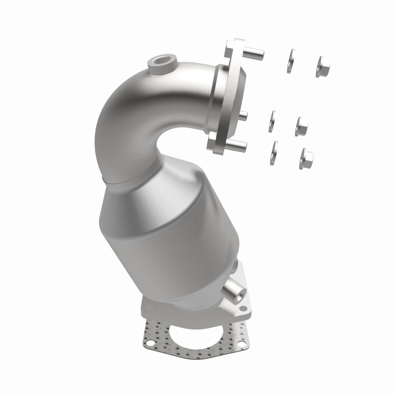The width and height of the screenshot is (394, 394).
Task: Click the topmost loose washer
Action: pyautogui.click(x=291, y=61)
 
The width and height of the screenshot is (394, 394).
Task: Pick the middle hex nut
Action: pyautogui.click(x=301, y=127)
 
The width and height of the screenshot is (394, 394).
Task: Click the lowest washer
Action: pyautogui.click(x=274, y=152)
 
